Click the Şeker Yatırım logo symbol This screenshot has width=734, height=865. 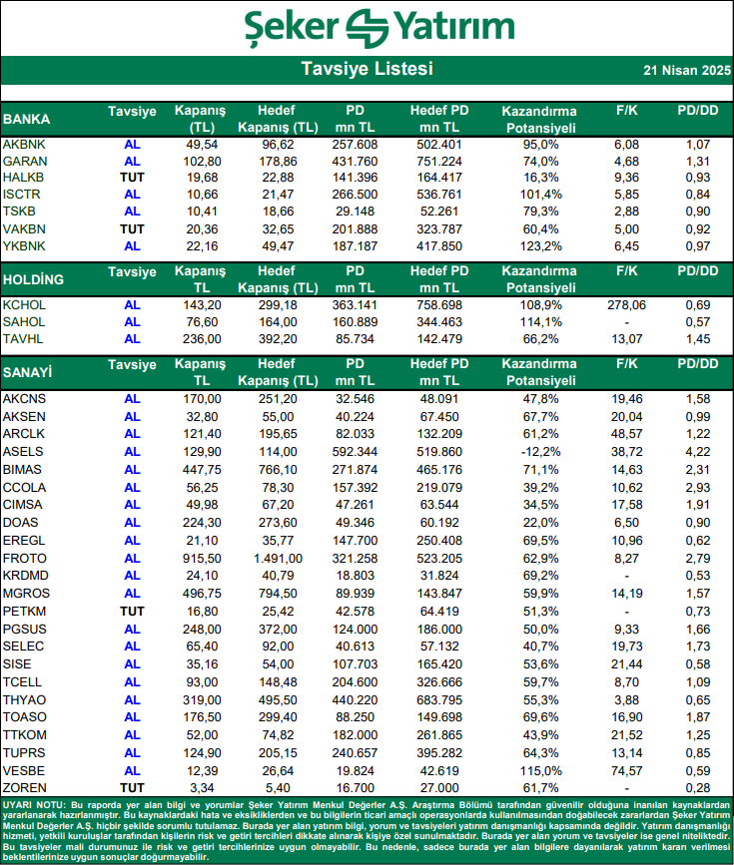coord(367,27)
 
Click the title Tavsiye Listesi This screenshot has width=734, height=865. coord(367,70)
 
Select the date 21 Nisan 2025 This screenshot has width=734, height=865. coord(686,71)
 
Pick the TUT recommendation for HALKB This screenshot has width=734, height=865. coord(132,177)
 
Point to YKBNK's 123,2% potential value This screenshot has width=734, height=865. coord(540,245)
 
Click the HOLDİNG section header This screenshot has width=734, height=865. coord(34,279)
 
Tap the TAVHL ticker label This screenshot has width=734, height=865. coord(23,339)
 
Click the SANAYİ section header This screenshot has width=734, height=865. coord(29,372)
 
